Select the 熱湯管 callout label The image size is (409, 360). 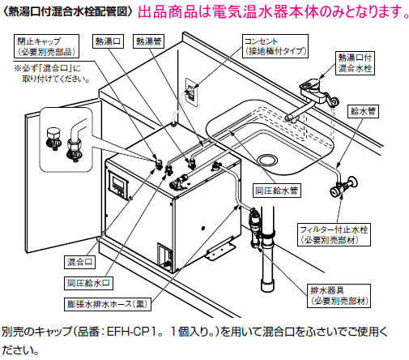coord(149,40)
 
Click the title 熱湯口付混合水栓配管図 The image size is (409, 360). coord(65,11)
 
